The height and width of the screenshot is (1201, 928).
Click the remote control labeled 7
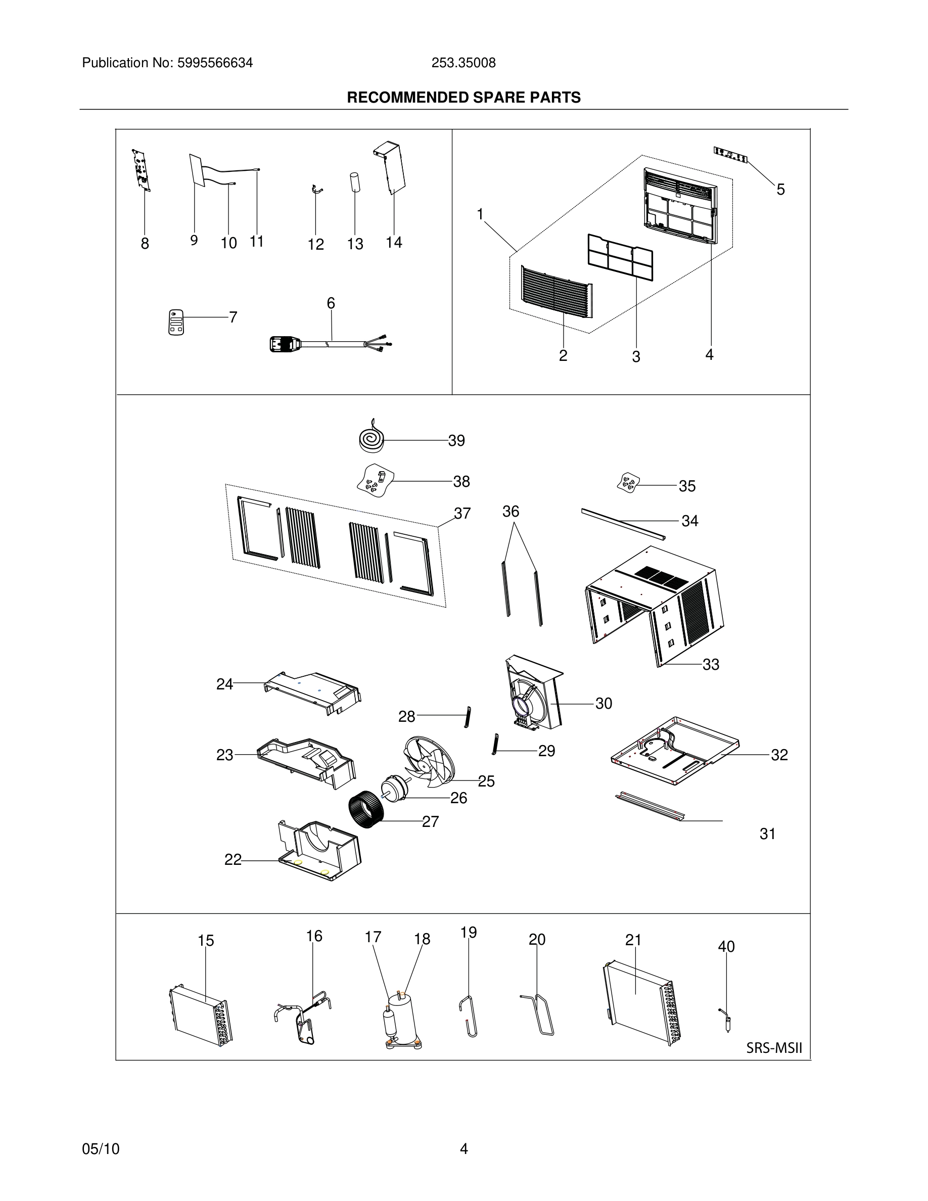pyautogui.click(x=176, y=323)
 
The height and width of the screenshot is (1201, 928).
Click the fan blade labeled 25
pyautogui.click(x=429, y=761)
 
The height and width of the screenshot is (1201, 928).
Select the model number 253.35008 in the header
pyautogui.click(x=463, y=63)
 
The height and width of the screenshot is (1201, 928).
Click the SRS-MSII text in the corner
pyautogui.click(x=774, y=1048)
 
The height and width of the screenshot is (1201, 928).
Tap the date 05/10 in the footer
pyautogui.click(x=101, y=1149)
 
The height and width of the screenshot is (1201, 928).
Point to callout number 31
pyautogui.click(x=767, y=834)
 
